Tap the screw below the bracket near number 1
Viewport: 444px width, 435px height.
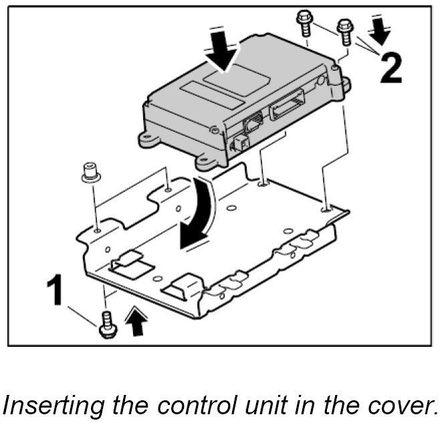pos(105,323)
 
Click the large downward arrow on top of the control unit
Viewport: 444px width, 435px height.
pos(223,49)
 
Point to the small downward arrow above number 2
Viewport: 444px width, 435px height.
pos(378,27)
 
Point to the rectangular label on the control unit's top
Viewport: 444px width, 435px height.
pos(207,88)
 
